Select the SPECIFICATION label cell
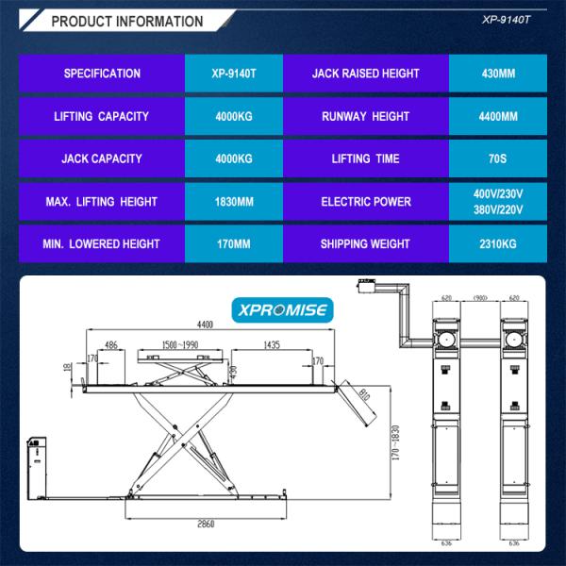(x=102, y=74)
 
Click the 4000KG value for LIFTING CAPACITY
(x=233, y=117)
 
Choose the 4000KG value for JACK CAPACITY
(x=233, y=159)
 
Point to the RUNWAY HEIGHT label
(x=364, y=117)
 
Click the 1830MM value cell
(x=233, y=202)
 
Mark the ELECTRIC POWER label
(x=364, y=202)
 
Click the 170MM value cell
(x=233, y=244)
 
